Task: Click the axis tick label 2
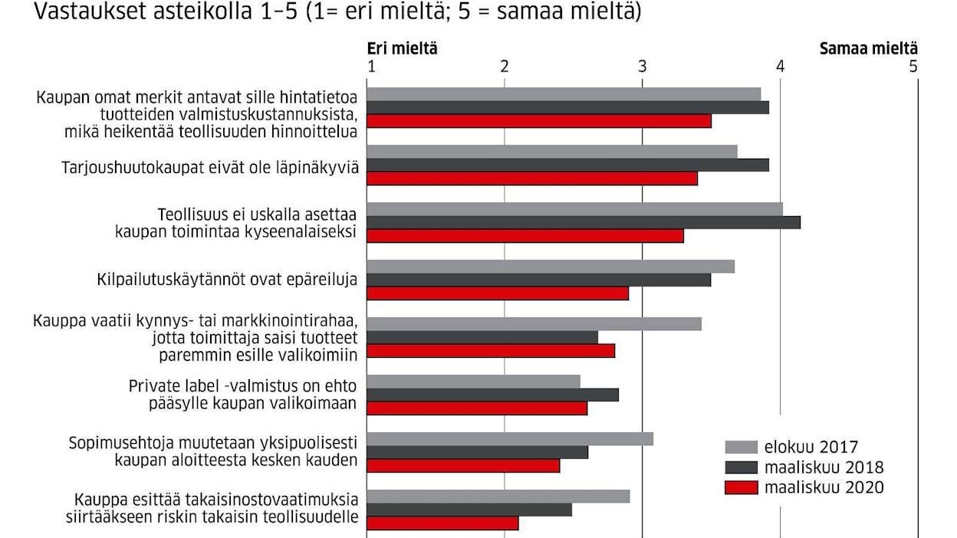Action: pyautogui.click(x=505, y=67)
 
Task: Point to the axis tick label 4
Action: pyautogui.click(x=781, y=67)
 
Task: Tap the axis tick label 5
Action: pyautogui.click(x=913, y=67)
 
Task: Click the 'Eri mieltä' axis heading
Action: pyautogui.click(x=402, y=48)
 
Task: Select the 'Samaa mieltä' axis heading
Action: pyautogui.click(x=868, y=48)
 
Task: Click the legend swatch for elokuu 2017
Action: pyautogui.click(x=740, y=447)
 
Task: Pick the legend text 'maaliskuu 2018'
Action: pyautogui.click(x=823, y=467)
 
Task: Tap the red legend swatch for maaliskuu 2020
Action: pyautogui.click(x=740, y=487)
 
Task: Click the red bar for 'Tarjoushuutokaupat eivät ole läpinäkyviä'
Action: pyautogui.click(x=532, y=179)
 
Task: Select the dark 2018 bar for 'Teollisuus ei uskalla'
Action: pyautogui.click(x=584, y=222)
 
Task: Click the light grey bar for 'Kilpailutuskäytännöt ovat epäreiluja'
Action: pyautogui.click(x=551, y=266)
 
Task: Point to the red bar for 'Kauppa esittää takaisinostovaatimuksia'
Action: pyautogui.click(x=442, y=523)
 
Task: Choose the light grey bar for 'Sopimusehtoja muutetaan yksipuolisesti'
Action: pyautogui.click(x=510, y=438)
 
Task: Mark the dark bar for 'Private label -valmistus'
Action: pyautogui.click(x=492, y=395)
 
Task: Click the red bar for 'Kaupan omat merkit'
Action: pyautogui.click(x=539, y=121)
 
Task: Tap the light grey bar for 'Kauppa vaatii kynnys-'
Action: pyautogui.click(x=534, y=323)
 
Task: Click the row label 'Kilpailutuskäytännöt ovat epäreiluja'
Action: pyautogui.click(x=228, y=280)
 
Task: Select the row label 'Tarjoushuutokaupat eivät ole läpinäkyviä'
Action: pyautogui.click(x=210, y=166)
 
